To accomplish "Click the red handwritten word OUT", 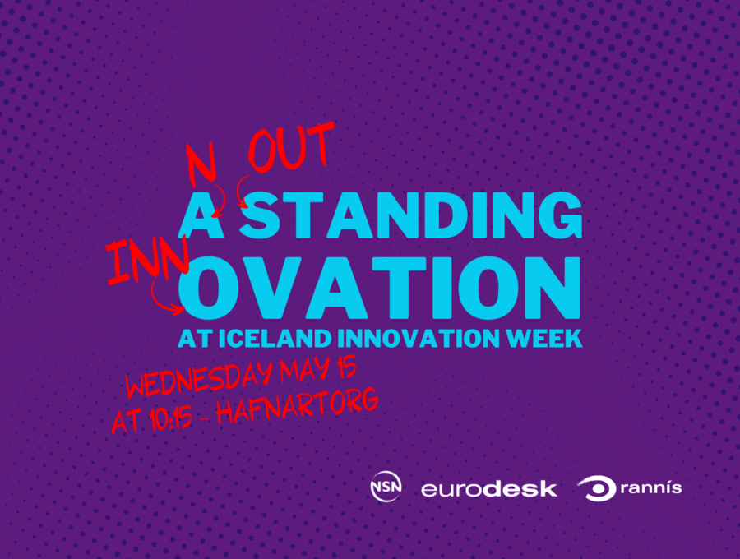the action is [291, 147].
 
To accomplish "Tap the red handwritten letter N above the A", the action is [201, 164].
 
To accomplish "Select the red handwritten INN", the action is [147, 261].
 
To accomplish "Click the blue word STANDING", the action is [410, 215].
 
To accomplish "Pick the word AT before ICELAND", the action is [195, 338].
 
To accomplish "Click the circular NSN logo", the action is [386, 487].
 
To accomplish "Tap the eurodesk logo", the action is [488, 488].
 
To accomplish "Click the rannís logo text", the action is [651, 487].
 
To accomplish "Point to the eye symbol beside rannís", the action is [598, 488].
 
